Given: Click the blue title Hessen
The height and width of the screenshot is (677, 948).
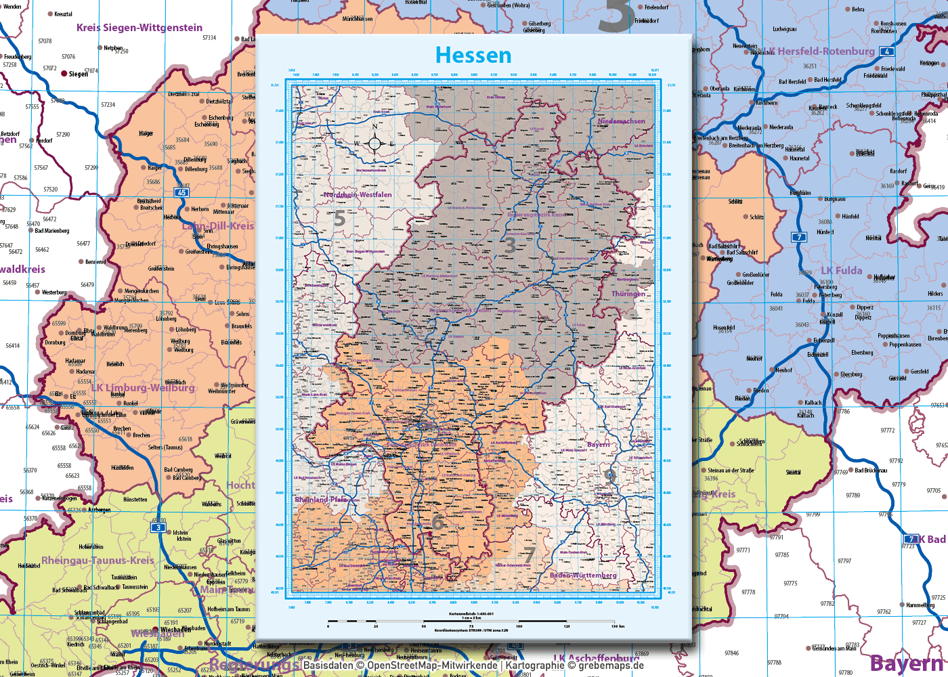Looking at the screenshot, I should coord(473,55).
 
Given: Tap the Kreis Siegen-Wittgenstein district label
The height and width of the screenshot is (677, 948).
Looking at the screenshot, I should coord(139,28).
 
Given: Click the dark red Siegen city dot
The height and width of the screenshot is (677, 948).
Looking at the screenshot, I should coord(64,73).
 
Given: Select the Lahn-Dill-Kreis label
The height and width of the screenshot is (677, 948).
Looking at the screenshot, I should coord(218,225).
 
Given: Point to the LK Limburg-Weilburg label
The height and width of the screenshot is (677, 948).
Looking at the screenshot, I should coord(143,388).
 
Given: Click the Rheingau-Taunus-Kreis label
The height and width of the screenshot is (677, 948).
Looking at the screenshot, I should coord(98,561).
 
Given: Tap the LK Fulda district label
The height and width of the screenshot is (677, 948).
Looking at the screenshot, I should coord(842,271).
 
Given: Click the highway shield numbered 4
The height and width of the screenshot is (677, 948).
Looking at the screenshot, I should coord(886,51).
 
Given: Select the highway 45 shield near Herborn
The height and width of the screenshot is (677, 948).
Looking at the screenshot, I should coord(181,193).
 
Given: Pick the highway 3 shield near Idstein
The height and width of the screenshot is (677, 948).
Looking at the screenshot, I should coord(158,527).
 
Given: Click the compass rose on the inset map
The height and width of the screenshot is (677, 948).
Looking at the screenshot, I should coord(374,143).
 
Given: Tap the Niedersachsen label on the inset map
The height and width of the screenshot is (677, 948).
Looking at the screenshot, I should coord(621,121).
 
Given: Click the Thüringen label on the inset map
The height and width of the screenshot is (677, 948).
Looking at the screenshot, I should coord(628,294).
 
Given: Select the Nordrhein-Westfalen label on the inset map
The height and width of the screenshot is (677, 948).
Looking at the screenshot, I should coord(358,194).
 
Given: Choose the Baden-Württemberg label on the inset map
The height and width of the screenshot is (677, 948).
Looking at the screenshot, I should coord(583,575).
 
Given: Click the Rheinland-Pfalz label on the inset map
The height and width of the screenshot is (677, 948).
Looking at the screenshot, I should coord(320,500).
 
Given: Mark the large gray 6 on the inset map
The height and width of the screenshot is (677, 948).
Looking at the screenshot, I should coord(438,522).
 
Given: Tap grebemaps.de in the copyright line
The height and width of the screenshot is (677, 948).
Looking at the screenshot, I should coord(611,665).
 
